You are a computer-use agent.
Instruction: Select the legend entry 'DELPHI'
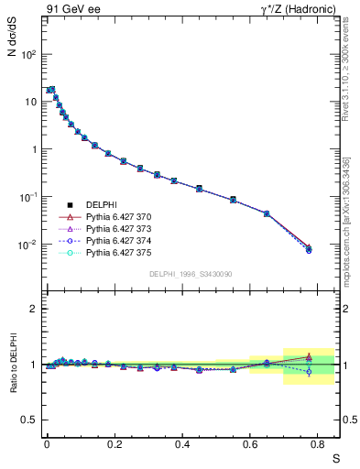pos(103,204)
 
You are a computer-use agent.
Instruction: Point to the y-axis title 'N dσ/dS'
pos(11,45)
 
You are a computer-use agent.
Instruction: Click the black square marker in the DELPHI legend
pos(70,204)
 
